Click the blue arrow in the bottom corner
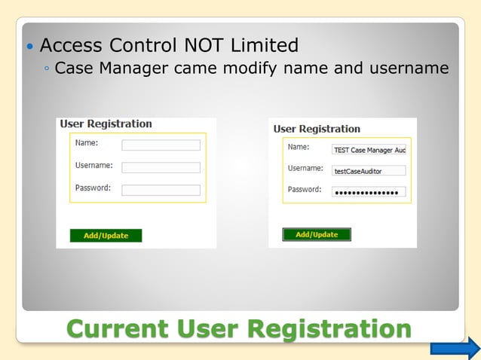point(455,347)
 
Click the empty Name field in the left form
point(161,145)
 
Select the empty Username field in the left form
point(161,167)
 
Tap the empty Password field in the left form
point(161,190)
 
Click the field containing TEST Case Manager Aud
point(369,150)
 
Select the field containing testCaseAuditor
point(369,171)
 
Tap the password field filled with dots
point(369,192)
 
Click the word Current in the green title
point(117,328)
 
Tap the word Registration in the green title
point(329,328)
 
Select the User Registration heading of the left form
point(106,124)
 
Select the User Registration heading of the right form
point(317,129)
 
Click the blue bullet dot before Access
point(29,47)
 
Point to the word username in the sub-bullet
point(408,69)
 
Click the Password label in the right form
point(305,189)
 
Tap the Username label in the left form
point(94,165)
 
